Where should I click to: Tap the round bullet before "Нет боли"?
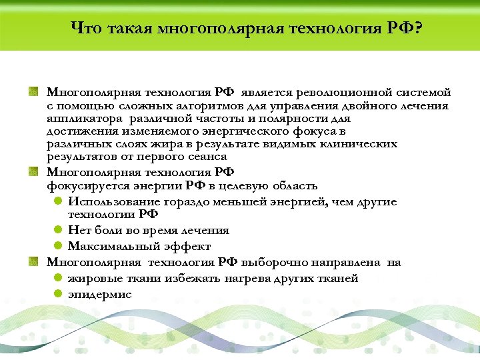pyautogui.click(x=59, y=231)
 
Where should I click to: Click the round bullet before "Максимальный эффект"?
pyautogui.click(x=59, y=246)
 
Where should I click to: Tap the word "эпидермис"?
pyautogui.click(x=100, y=294)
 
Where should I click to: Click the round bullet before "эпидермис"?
pyautogui.click(x=59, y=294)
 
